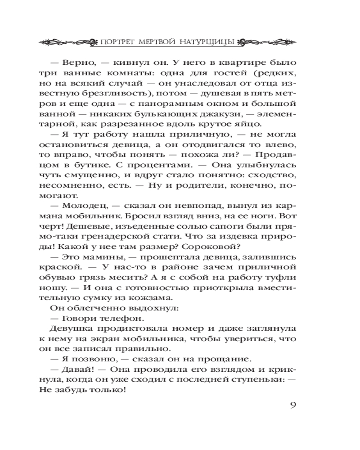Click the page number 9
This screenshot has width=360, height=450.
(292, 403)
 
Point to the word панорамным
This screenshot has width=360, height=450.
(154, 100)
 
